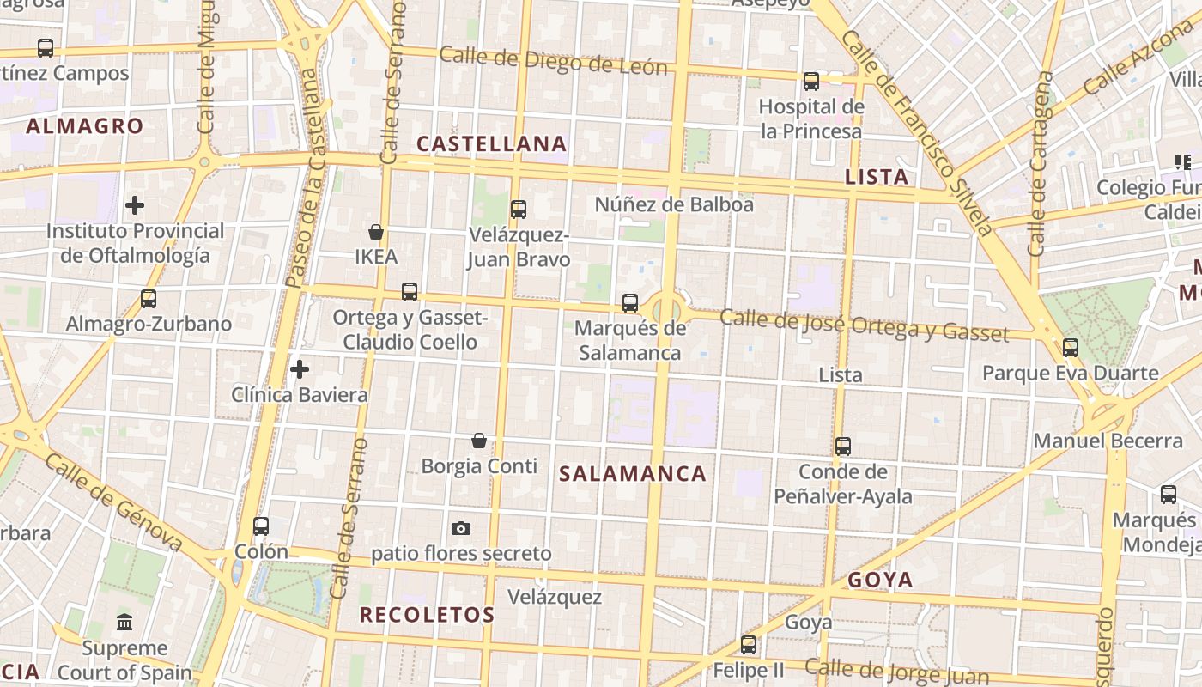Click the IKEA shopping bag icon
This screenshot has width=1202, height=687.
click(375, 232)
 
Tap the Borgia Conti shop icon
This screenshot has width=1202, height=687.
click(479, 441)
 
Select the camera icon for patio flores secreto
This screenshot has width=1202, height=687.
click(461, 528)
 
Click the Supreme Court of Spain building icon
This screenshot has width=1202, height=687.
click(124, 622)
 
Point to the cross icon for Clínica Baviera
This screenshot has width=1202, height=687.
click(299, 369)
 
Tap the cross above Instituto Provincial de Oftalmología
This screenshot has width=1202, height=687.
click(135, 205)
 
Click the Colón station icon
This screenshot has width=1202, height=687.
click(261, 526)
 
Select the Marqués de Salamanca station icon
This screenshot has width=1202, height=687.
click(630, 303)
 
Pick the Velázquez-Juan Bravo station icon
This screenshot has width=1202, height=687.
click(518, 209)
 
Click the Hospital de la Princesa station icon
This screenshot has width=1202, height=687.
click(811, 82)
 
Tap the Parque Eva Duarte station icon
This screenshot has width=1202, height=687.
click(1070, 348)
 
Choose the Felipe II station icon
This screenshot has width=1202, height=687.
click(749, 645)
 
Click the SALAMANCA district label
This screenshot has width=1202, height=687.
click(633, 474)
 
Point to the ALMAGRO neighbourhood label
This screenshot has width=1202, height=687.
click(84, 126)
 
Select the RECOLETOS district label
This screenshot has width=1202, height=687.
click(427, 615)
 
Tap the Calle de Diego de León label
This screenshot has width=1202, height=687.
click(553, 61)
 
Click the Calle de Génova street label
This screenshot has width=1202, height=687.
click(113, 502)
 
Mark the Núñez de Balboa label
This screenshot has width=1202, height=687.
click(674, 204)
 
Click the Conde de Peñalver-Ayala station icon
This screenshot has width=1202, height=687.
click(843, 447)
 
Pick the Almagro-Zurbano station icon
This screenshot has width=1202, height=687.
click(149, 299)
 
